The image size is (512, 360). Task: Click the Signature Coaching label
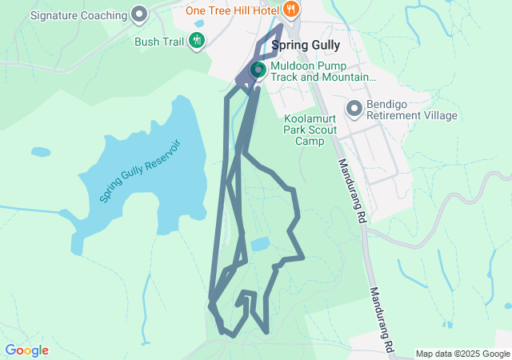coord(78,15)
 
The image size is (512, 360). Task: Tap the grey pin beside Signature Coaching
coord(140,14)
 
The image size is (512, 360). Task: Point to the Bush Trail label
coord(160,40)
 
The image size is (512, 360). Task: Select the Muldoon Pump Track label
coord(322,72)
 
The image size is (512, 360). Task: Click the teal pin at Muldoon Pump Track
coord(258,70)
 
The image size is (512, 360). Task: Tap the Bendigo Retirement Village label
coord(412,110)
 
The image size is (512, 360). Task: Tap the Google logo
coord(26,350)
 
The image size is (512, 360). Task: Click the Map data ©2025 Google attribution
coord(462,354)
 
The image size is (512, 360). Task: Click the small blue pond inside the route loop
coord(259,244)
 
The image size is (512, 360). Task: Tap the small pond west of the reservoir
coord(41,151)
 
